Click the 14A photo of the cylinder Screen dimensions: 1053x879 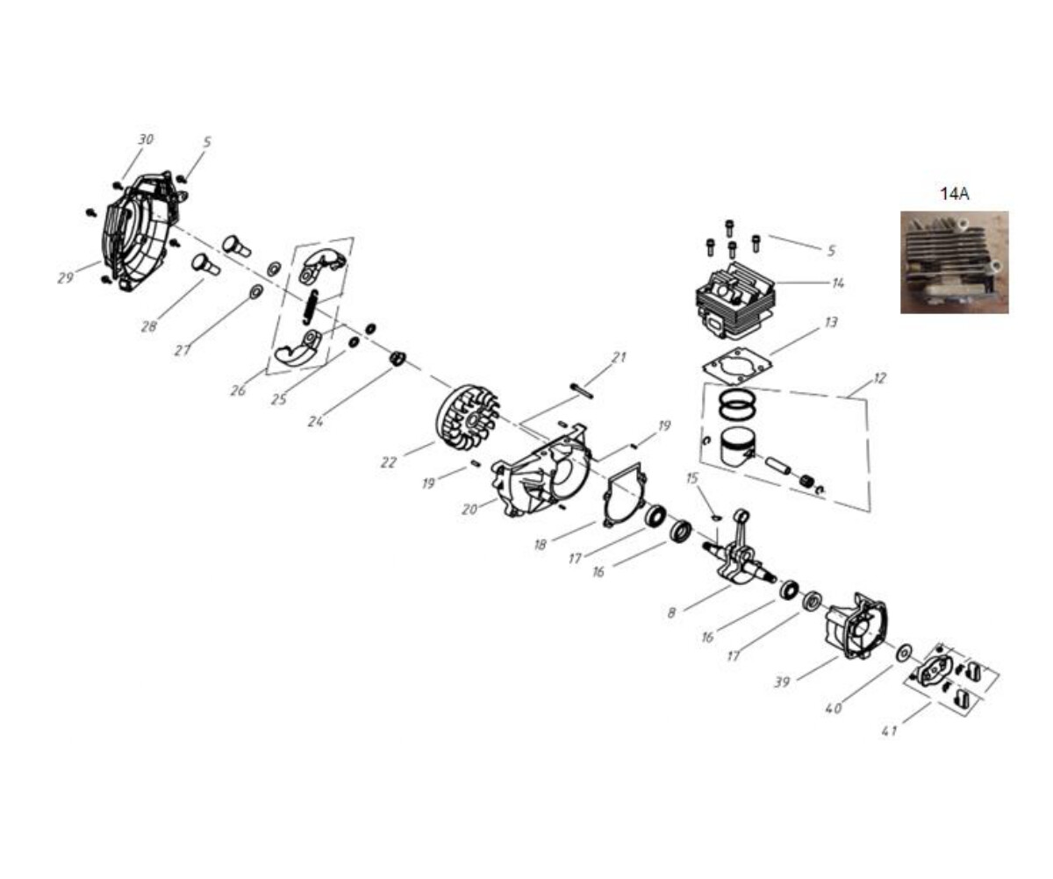point(954,262)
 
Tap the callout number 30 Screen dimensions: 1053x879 point(146,139)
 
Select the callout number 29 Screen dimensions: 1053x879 point(66,277)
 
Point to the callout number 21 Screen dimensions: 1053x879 point(619,358)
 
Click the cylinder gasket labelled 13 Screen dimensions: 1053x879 point(737,369)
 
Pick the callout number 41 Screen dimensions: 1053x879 point(890,730)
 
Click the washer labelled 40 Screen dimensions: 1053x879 point(903,652)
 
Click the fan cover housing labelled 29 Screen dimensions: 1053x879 point(141,232)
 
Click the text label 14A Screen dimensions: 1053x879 point(955,194)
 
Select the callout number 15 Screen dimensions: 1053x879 point(692,478)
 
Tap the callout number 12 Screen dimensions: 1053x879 point(879,378)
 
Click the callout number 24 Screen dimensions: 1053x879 point(316,421)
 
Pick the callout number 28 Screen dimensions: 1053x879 point(149,327)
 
